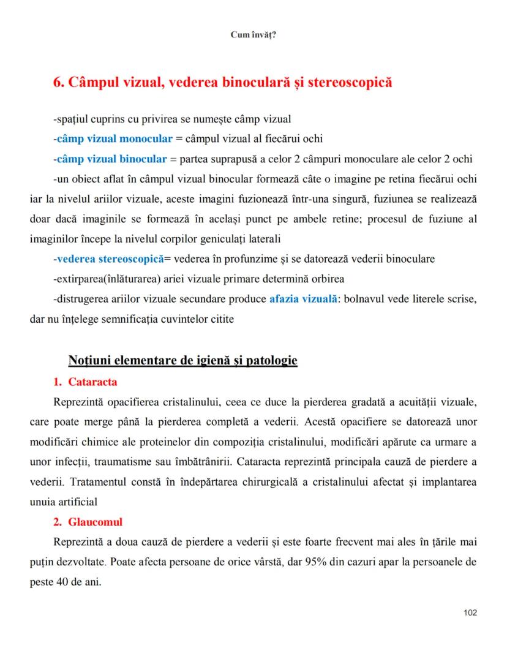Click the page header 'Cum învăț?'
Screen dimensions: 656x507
pos(253,35)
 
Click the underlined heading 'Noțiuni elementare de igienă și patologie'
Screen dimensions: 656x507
pos(183,360)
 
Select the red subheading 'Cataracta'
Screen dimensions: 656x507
pos(92,382)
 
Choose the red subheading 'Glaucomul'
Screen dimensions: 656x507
pos(95,522)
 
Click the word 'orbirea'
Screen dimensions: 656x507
pos(329,279)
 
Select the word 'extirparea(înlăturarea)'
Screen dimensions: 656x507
pos(107,279)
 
